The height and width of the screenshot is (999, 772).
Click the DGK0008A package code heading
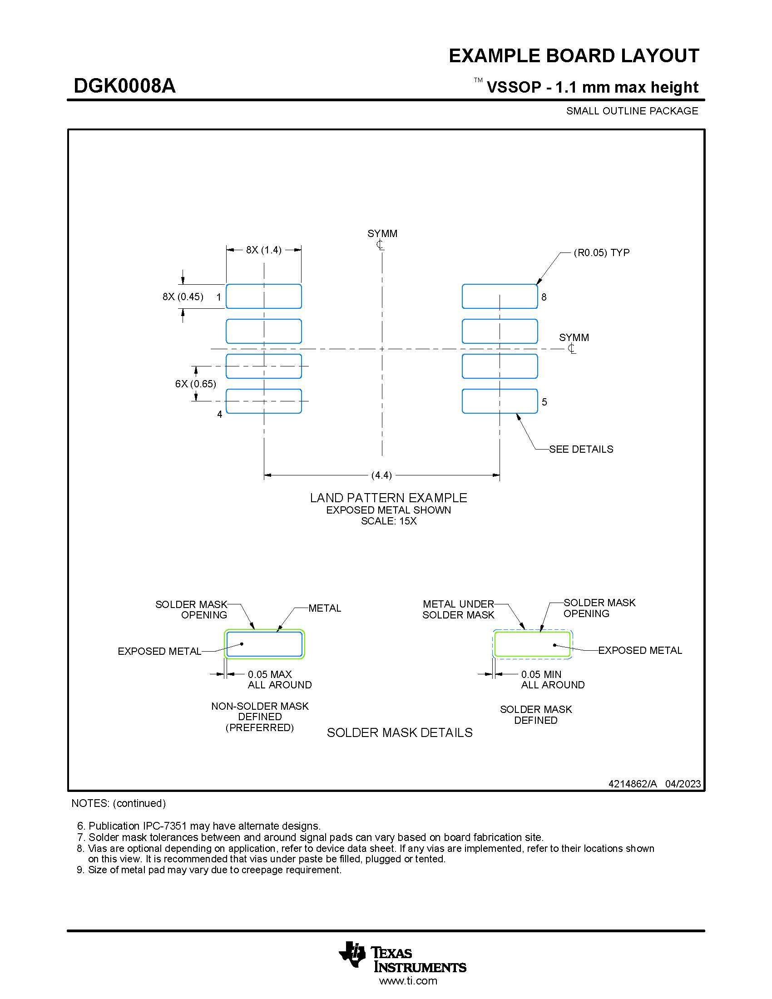click(124, 86)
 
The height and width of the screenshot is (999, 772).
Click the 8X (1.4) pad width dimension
click(263, 250)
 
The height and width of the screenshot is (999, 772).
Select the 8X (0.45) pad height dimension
click(183, 297)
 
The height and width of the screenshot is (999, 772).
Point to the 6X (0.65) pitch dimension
click(195, 384)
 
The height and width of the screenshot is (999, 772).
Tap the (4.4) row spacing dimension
click(381, 475)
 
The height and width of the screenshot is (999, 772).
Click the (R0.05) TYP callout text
click(601, 252)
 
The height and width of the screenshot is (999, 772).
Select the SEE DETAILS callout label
click(581, 449)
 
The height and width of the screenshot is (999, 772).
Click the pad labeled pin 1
click(263, 297)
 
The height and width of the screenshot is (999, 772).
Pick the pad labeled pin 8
click(500, 297)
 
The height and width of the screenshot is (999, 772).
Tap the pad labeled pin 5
click(500, 401)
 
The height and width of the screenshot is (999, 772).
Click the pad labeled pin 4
click(263, 401)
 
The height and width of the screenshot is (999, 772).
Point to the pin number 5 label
click(544, 402)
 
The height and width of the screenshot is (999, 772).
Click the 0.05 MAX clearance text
click(270, 674)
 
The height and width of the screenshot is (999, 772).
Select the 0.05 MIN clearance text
click(541, 674)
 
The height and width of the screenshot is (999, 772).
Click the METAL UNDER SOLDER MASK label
click(458, 609)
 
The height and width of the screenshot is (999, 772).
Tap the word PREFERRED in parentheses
click(260, 727)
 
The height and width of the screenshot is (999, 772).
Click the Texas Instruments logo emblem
click(352, 954)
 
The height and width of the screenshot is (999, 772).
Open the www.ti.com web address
click(408, 981)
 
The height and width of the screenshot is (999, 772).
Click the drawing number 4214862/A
click(632, 784)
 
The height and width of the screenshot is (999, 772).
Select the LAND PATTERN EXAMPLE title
click(388, 498)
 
